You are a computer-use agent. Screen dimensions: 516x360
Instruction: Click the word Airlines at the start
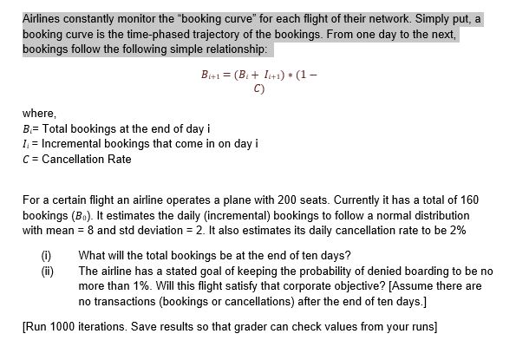42,17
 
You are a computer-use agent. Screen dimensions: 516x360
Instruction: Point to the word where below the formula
38,114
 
